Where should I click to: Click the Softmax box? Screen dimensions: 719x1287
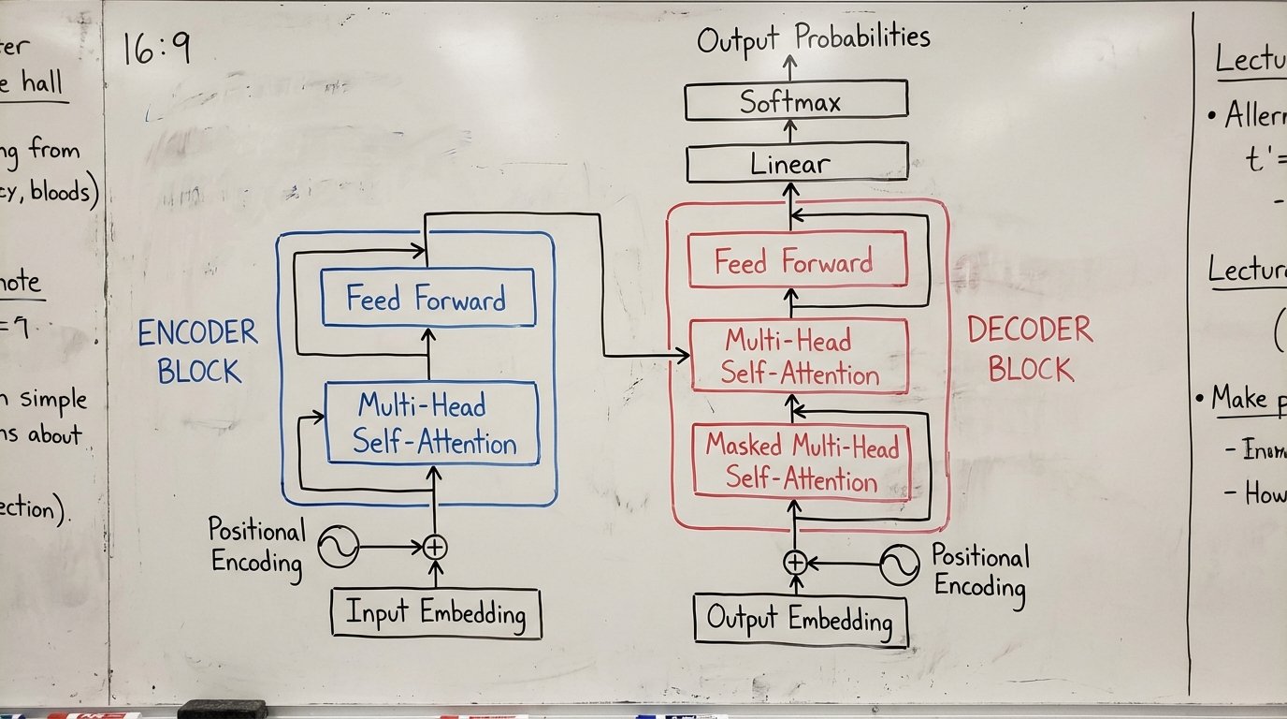tap(796, 100)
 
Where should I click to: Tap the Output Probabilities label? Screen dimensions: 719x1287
tap(813, 38)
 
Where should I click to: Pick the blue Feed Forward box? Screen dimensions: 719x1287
tap(427, 298)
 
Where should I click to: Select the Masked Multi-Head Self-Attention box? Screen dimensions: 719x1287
tap(800, 462)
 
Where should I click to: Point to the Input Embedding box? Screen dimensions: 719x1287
tap(436, 613)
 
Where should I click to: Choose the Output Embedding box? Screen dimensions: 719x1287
tap(800, 619)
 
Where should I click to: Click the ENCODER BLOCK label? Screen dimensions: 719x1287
tap(198, 350)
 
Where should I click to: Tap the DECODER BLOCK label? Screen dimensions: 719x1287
tap(1030, 348)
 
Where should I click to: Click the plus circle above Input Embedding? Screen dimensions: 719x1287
tap(434, 547)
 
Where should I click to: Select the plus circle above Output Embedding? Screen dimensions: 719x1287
tap(794, 562)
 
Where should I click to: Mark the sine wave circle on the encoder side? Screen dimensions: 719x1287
tap(338, 547)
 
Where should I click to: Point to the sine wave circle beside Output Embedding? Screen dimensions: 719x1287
tap(899, 565)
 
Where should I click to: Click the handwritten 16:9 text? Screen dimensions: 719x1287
tap(157, 48)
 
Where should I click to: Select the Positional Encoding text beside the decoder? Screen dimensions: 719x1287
tap(979, 572)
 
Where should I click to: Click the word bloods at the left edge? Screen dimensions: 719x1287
tap(65, 193)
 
